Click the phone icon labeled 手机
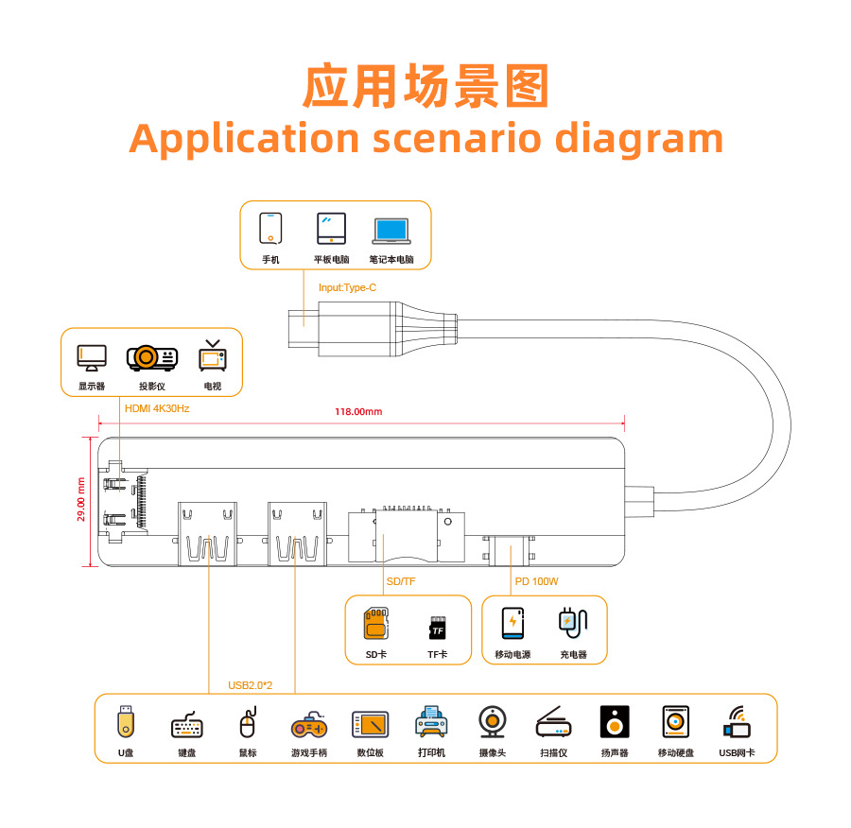[x=270, y=228]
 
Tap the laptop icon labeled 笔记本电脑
[x=391, y=231]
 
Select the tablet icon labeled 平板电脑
[x=331, y=228]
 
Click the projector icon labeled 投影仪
[x=151, y=357]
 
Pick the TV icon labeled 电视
[x=213, y=356]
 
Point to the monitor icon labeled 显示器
[x=92, y=357]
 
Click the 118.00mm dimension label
[x=358, y=411]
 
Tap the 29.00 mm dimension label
[x=81, y=498]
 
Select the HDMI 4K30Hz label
[x=157, y=408]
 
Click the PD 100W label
[x=536, y=581]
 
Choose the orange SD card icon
[x=376, y=624]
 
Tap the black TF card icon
[x=438, y=628]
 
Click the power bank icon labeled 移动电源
[x=512, y=623]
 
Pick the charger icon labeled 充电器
[x=572, y=621]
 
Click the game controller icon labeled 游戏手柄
[x=308, y=725]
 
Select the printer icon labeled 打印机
[x=431, y=723]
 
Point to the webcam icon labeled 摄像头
[x=492, y=723]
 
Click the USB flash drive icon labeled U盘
[x=126, y=722]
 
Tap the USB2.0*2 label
[x=251, y=685]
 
